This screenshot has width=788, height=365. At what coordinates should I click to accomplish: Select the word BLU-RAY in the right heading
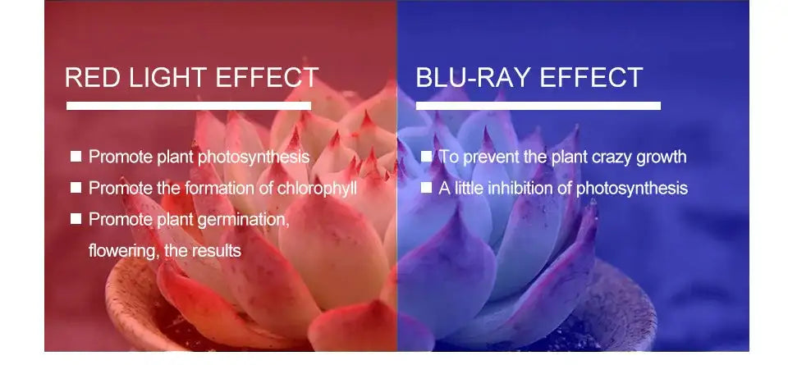coord(473,77)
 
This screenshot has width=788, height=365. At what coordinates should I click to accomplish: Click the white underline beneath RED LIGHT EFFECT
coord(189,106)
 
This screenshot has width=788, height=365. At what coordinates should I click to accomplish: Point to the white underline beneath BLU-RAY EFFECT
coord(538,106)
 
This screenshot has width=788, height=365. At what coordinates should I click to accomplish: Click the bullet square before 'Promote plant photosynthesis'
coord(76,157)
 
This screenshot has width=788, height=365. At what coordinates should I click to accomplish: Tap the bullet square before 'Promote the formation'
coord(76,188)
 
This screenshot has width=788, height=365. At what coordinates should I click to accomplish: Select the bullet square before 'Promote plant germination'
coord(76,218)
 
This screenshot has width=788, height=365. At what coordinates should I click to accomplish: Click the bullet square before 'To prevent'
coord(426,157)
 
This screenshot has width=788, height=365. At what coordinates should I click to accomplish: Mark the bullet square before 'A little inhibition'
coord(426,188)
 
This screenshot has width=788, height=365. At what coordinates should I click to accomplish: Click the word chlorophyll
coord(317,189)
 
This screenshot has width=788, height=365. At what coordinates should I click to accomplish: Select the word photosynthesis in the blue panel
coord(632,189)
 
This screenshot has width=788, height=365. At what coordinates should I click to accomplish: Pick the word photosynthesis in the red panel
coord(254,157)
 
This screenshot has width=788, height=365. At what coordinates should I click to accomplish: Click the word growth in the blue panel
coord(662,157)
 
